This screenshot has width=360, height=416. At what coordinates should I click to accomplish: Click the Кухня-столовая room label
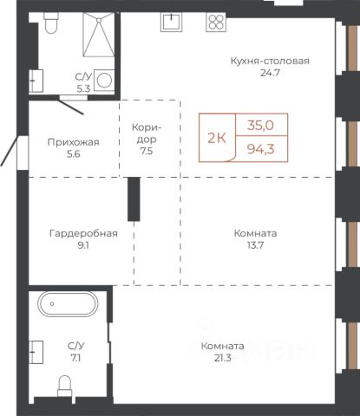click(270, 61)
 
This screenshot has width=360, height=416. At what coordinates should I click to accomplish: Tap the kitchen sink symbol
click(172, 22)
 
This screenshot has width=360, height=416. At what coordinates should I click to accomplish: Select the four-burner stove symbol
click(216, 22)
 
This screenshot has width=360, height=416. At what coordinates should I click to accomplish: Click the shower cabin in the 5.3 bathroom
click(99, 35)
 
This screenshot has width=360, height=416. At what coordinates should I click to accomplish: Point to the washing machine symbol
click(104, 80)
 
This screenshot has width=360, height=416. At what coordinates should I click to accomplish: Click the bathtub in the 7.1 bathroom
click(68, 304)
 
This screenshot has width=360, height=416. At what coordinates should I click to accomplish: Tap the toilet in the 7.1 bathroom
click(64, 386)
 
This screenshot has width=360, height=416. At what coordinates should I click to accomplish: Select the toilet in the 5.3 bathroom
click(51, 23)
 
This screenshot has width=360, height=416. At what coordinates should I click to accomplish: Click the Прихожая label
click(74, 142)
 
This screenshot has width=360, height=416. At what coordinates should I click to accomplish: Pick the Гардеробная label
click(83, 233)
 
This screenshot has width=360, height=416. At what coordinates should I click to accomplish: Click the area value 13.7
click(255, 245)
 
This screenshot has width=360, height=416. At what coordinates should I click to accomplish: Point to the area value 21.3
click(223, 358)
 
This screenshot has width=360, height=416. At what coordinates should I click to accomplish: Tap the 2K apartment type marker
click(217, 139)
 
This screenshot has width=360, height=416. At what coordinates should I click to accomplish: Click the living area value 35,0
click(260, 126)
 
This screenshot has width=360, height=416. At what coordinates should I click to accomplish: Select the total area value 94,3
click(260, 149)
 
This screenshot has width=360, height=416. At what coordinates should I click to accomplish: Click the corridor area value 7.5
click(147, 151)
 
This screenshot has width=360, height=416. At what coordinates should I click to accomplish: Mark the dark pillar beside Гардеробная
click(134, 199)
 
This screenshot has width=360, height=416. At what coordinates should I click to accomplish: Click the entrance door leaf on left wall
click(10, 152)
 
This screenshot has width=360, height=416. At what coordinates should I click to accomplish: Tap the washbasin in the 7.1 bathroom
click(36, 352)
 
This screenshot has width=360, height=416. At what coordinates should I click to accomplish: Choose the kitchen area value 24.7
click(270, 73)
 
